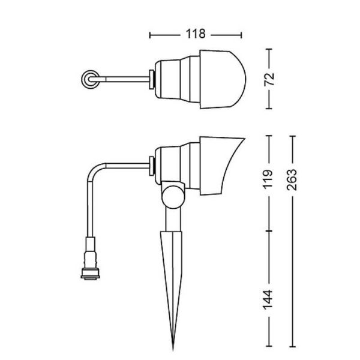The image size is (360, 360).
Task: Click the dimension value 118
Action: click(196, 34)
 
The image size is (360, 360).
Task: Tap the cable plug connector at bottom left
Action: click(90, 259)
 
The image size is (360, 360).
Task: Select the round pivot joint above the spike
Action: click(173, 196)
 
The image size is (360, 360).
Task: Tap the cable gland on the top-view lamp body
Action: click(153, 79)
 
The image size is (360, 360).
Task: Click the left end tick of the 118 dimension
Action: click(150, 34)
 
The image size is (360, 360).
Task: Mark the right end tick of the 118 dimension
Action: click(243, 34)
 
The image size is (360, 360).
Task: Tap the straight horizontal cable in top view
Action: click(123, 79)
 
